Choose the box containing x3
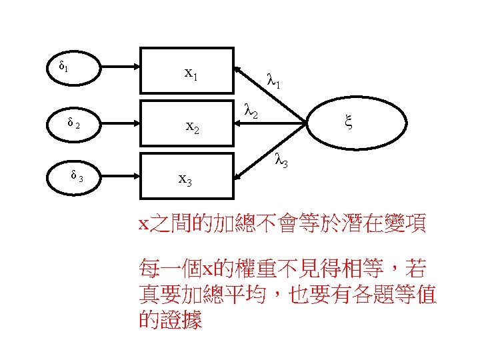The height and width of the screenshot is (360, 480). (187, 177)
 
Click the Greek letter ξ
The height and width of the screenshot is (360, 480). (347, 121)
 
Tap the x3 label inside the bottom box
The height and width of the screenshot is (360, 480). (186, 179)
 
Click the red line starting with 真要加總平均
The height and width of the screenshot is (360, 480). (287, 294)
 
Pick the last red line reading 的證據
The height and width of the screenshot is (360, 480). (170, 320)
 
